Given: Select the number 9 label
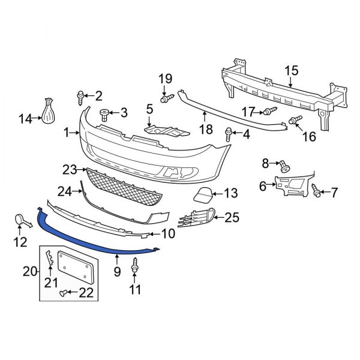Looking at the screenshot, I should pyautogui.click(x=117, y=272).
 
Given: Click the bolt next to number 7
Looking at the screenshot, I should pyautogui.click(x=316, y=191).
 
